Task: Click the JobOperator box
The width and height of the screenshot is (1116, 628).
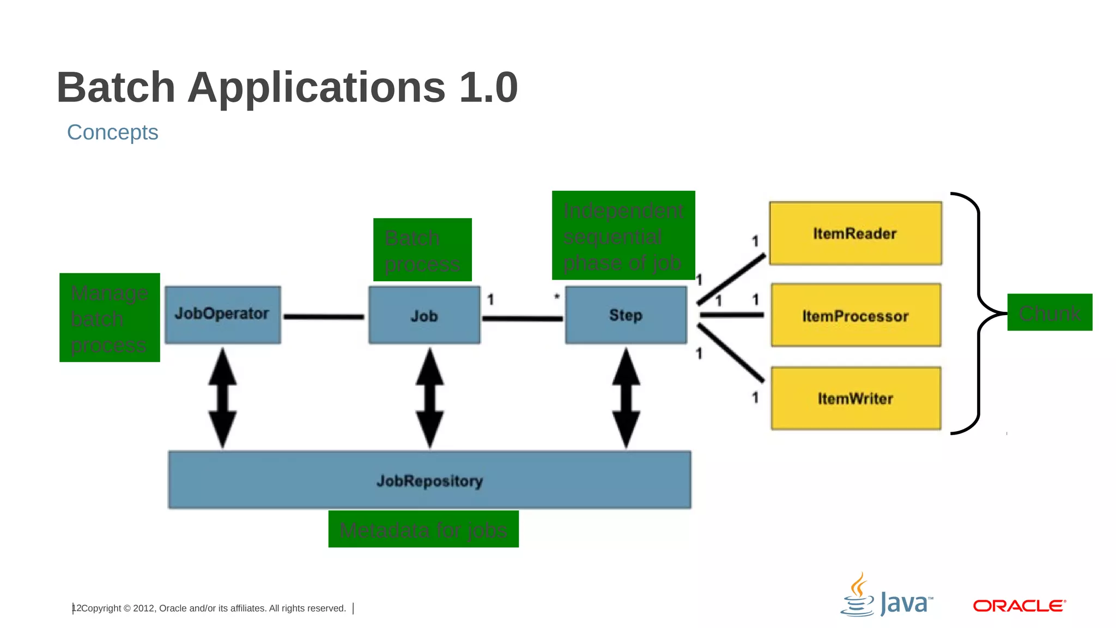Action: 222,315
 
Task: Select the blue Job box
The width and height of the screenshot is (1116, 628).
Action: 424,315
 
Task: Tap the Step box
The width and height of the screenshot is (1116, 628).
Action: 626,315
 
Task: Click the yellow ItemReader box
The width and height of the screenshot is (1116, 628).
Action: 855,233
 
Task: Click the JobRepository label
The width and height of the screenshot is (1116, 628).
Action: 429,481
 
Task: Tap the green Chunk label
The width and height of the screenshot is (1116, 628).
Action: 1050,312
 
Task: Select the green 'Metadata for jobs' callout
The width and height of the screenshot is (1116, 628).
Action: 423,529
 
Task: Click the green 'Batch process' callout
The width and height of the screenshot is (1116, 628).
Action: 422,250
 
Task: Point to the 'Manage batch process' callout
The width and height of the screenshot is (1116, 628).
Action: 110,318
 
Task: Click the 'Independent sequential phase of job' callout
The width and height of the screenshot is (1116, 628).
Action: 623,235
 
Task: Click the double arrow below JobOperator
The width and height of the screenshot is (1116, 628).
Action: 222,398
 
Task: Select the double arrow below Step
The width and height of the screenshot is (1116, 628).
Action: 626,398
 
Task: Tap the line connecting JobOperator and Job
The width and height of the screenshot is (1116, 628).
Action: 324,316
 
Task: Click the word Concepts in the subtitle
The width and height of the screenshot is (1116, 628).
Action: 112,132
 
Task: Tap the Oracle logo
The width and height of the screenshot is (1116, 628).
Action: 1018,606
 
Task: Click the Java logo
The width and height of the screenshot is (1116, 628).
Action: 887,597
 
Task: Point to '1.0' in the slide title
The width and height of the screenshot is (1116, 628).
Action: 488,87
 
